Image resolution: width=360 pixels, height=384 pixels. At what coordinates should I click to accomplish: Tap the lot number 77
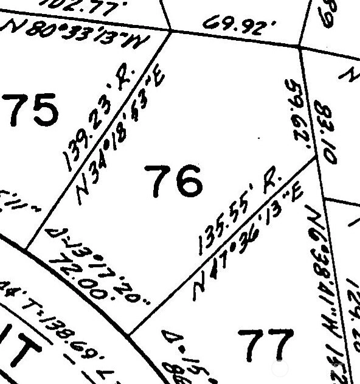265,345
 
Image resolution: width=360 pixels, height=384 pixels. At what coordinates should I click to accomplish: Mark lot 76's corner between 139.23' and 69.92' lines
170,30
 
